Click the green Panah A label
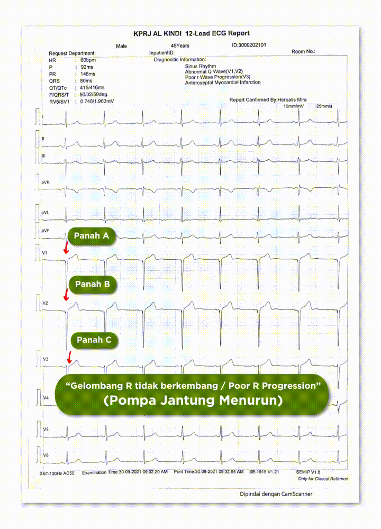tap(91, 236)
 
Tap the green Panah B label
tap(92, 284)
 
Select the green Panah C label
tap(94, 340)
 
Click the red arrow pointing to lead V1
tap(66, 248)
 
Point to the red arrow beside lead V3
tap(69, 358)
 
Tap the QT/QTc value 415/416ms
tap(92, 87)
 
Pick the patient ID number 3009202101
tap(249, 45)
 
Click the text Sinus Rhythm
tap(200, 66)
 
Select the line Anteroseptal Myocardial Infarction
tap(222, 83)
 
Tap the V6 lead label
tap(46, 455)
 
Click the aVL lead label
tap(46, 213)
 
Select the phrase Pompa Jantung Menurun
tap(193, 400)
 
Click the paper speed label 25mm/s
tap(324, 106)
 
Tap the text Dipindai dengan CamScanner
tap(275, 494)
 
